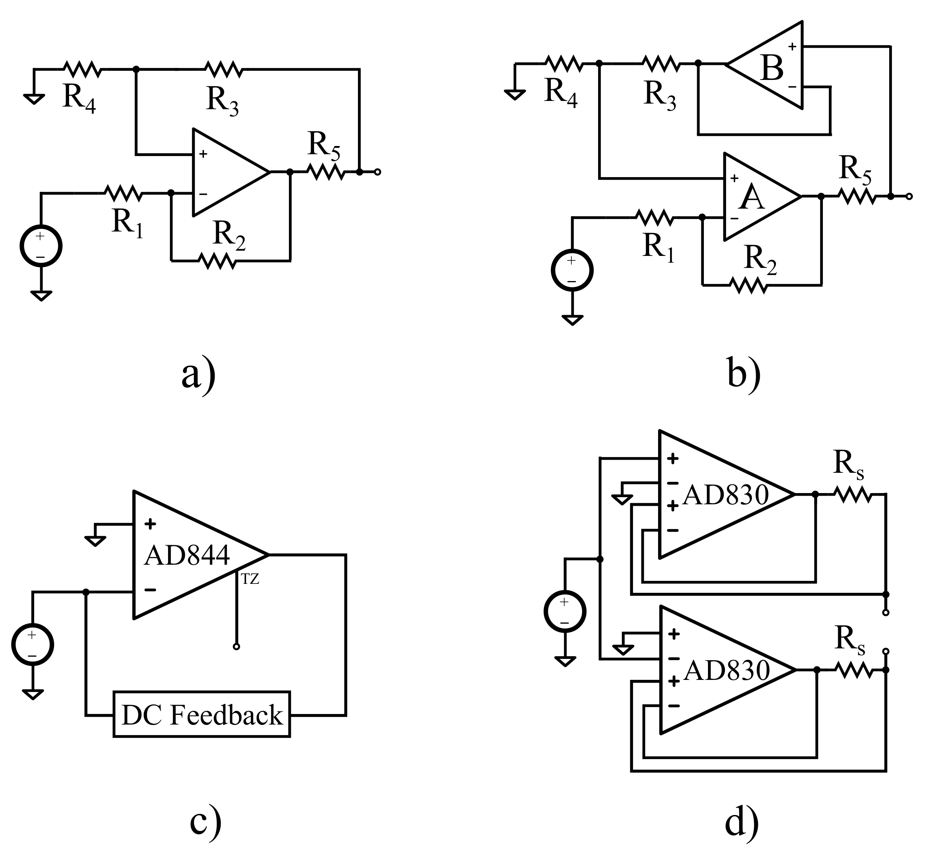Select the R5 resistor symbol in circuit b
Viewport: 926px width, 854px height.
click(x=857, y=196)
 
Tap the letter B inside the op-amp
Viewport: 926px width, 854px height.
click(x=772, y=68)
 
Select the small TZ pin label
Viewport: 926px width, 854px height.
click(x=250, y=579)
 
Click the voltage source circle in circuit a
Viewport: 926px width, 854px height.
click(x=41, y=246)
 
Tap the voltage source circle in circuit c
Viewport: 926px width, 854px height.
click(x=32, y=644)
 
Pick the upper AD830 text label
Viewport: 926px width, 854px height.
click(x=725, y=495)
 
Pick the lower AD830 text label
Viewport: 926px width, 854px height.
click(x=726, y=671)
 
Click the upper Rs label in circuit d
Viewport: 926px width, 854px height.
click(x=848, y=463)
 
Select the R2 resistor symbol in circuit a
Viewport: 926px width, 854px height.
click(x=217, y=261)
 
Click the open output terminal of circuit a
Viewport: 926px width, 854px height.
click(x=377, y=172)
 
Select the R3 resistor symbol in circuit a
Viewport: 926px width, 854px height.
click(x=224, y=69)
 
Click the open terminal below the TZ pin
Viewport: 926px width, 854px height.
click(x=236, y=647)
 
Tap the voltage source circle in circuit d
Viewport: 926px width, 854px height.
click(x=565, y=611)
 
